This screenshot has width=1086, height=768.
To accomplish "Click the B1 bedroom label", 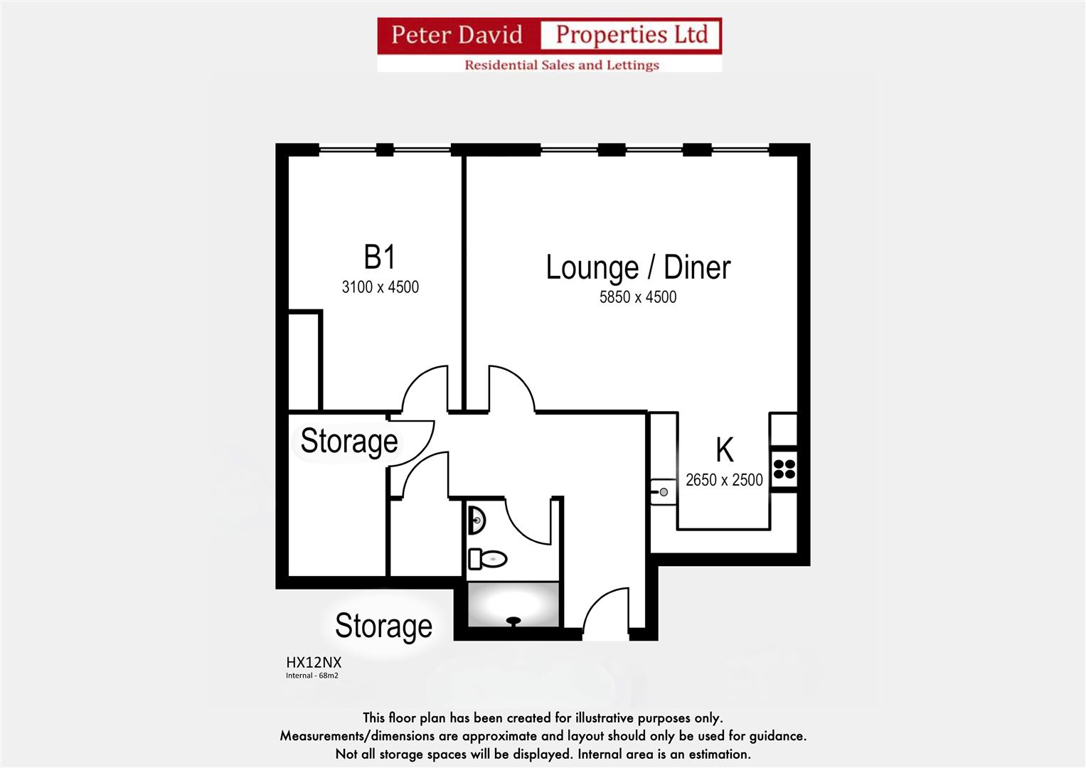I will [379, 257].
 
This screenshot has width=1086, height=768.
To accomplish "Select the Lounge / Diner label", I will [638, 267].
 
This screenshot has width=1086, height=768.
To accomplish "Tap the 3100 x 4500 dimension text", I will [380, 287].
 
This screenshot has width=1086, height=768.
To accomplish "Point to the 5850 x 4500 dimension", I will [637, 297].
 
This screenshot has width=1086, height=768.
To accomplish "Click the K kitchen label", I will [724, 450].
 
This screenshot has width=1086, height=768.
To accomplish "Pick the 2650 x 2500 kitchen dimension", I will [723, 480].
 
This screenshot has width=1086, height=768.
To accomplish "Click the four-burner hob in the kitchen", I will [784, 469].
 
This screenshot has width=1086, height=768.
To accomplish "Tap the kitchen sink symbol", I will [663, 491].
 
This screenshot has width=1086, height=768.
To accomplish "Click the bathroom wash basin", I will [476, 521].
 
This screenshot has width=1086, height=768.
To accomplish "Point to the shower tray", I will [513, 604].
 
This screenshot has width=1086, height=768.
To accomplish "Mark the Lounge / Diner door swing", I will [510, 390].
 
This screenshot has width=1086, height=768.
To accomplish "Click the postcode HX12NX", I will [314, 662].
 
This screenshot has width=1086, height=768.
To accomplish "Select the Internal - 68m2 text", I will [312, 676].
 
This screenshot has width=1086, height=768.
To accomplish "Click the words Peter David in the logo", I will [457, 35].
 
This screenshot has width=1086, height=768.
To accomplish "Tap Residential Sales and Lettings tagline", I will [561, 65].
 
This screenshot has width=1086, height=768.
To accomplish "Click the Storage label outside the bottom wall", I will [383, 626].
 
